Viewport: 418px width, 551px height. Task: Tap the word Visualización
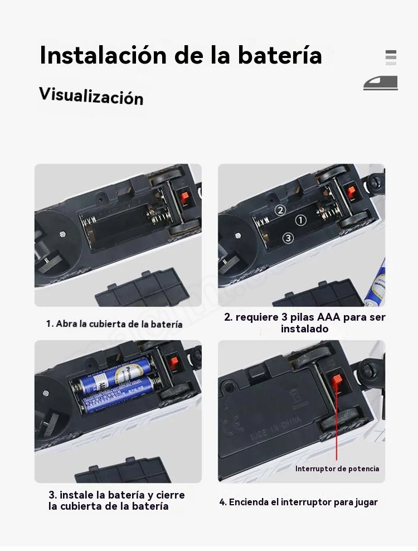[x=91, y=96]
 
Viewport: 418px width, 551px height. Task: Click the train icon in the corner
[x=381, y=83]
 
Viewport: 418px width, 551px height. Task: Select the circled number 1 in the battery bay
[x=300, y=220]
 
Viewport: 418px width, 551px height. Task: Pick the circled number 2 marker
[x=280, y=210]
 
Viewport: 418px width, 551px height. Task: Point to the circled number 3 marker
[x=288, y=238]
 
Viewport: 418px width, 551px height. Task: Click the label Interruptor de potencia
[x=337, y=468]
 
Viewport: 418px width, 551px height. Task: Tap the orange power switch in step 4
[x=337, y=380]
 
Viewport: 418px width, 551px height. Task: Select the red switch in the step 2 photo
[x=351, y=192]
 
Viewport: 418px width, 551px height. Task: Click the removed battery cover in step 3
[x=123, y=470]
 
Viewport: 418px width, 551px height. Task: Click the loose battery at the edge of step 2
[x=375, y=284]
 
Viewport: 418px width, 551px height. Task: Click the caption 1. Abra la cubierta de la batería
[x=114, y=323]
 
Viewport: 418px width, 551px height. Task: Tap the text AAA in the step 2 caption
[x=328, y=317]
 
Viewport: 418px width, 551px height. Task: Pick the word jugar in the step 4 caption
[x=366, y=502]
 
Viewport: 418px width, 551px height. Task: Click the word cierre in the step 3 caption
[x=171, y=495]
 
